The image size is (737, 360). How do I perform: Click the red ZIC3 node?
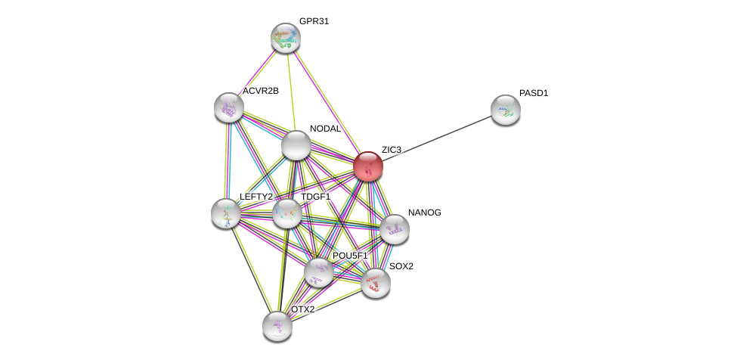(x=368, y=166)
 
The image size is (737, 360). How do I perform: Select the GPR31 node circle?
(x=286, y=38)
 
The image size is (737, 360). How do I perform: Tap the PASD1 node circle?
(x=505, y=110)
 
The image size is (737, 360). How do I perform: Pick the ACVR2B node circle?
(x=228, y=107)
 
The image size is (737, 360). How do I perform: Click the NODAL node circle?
(x=296, y=145)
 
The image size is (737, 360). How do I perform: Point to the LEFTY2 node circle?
(x=226, y=213)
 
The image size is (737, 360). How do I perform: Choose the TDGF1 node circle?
(x=287, y=213)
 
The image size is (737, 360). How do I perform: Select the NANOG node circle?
(x=394, y=229)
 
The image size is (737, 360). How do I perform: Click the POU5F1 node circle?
(x=319, y=272)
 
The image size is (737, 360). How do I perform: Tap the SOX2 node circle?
(x=375, y=283)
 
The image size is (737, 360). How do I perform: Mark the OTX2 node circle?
(x=277, y=326)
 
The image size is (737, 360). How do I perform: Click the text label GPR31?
(x=314, y=21)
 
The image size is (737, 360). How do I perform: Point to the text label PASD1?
(x=534, y=93)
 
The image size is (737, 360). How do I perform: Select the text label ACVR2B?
(x=260, y=91)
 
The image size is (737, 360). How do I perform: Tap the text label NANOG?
(x=424, y=213)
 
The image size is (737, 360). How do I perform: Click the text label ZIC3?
(x=391, y=150)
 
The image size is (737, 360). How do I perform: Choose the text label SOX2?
(x=401, y=266)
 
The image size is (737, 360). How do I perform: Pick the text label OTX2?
(x=302, y=309)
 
